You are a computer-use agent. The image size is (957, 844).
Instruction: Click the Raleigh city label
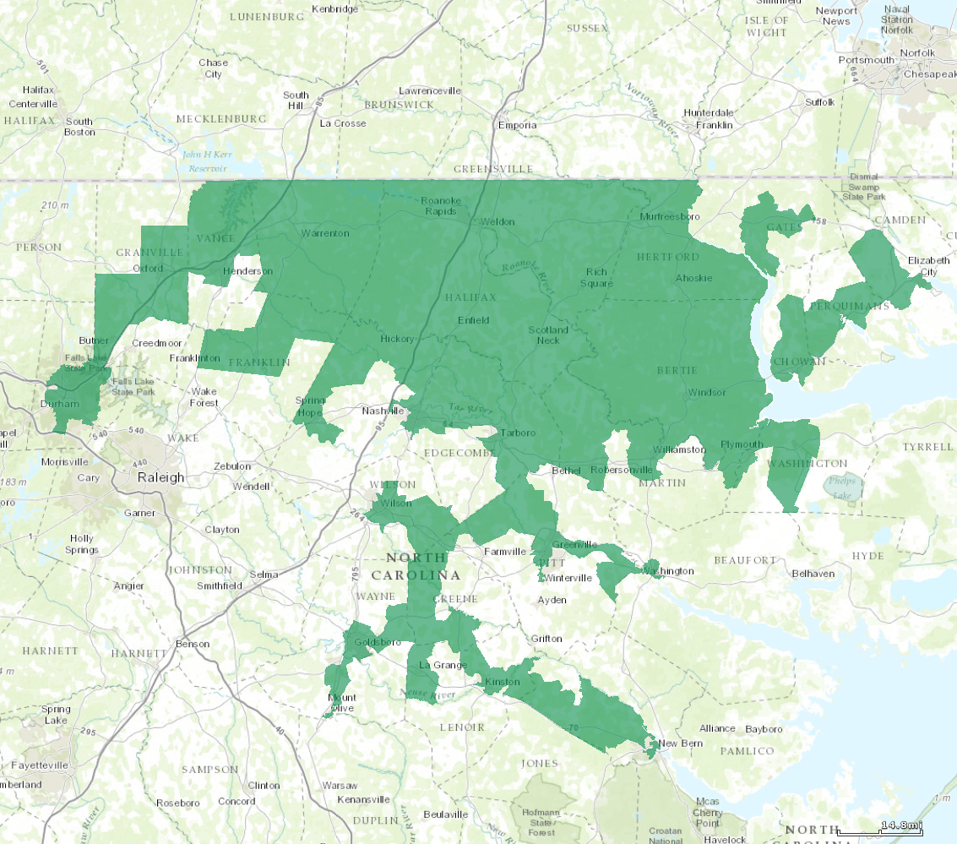(x=160, y=477)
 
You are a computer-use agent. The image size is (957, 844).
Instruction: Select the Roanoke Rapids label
(x=439, y=205)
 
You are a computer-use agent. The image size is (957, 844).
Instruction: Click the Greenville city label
(x=574, y=545)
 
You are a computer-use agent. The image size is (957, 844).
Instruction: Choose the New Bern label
(x=680, y=743)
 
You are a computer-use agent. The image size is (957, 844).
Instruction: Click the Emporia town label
(x=517, y=125)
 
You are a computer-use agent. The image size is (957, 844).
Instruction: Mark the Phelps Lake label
(x=842, y=488)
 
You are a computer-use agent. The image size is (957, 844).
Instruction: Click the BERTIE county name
(x=677, y=371)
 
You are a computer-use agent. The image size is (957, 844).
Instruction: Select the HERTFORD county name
(x=667, y=257)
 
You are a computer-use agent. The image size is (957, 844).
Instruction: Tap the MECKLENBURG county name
(x=221, y=118)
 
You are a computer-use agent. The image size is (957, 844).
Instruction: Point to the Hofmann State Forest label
(x=541, y=822)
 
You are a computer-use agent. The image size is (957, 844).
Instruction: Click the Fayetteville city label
(x=39, y=765)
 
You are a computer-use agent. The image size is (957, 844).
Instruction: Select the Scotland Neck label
(x=548, y=335)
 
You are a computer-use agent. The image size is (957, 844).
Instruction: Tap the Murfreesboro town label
(x=670, y=217)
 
